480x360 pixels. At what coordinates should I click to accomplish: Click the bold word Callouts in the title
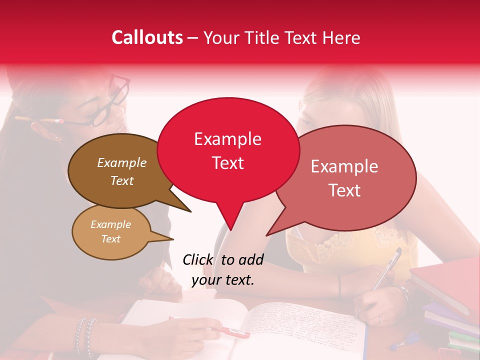click(147, 37)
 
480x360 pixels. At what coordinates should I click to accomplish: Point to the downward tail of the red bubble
click(229, 220)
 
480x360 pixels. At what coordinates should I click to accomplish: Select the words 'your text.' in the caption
click(222, 280)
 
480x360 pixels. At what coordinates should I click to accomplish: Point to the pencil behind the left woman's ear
click(40, 120)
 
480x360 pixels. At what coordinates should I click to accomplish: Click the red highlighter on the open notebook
click(235, 331)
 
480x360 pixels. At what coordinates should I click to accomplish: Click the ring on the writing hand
click(379, 319)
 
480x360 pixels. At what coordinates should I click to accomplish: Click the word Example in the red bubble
click(227, 139)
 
